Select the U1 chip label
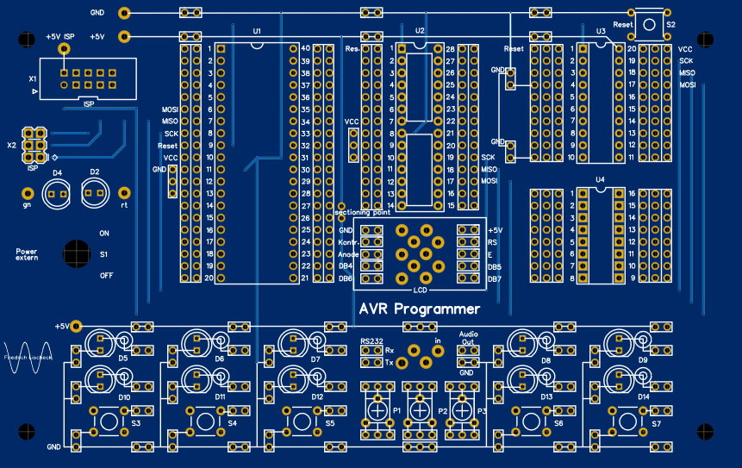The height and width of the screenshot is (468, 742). (x=257, y=31)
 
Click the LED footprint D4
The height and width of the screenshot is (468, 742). (x=57, y=194)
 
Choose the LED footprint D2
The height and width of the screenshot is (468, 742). (x=95, y=194)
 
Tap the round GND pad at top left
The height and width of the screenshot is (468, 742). (x=125, y=13)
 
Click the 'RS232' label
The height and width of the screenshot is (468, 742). (x=371, y=341)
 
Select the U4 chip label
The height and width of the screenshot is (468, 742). (x=600, y=180)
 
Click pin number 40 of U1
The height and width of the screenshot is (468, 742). (x=306, y=49)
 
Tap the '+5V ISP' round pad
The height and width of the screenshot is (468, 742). (x=64, y=51)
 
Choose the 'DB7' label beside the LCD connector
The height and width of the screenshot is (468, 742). (x=494, y=279)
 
